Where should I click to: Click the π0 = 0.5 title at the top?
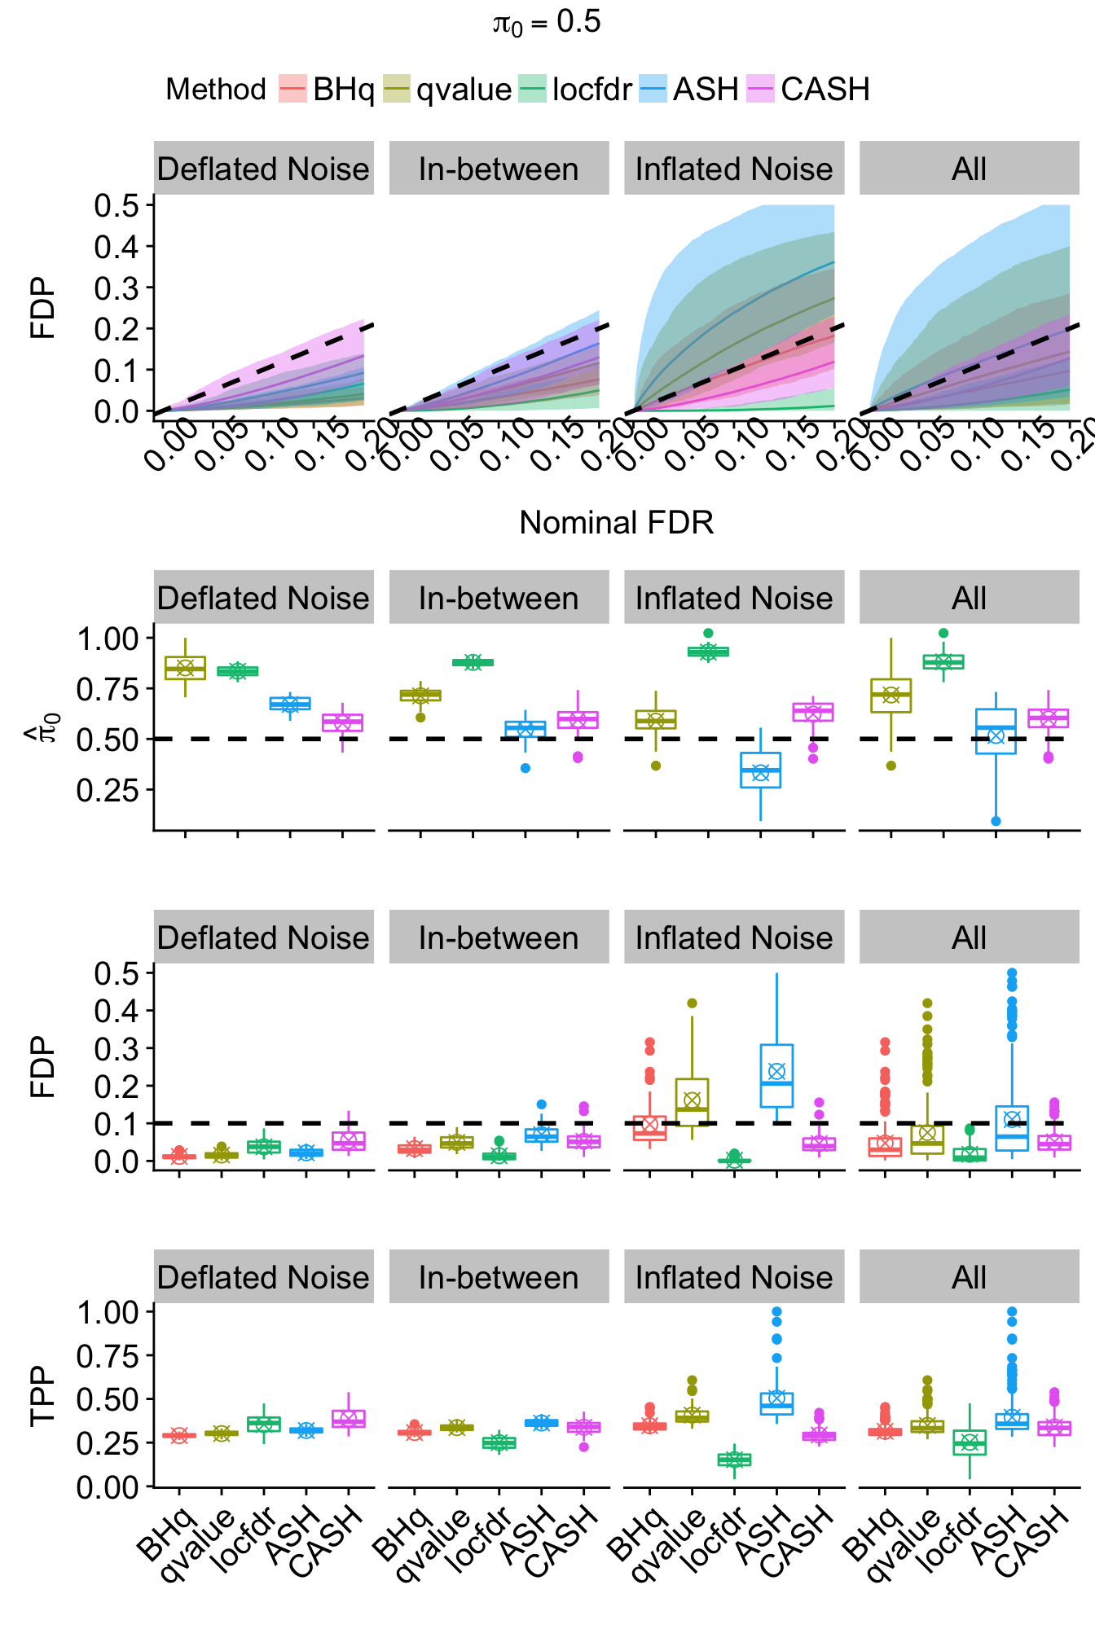pyautogui.click(x=547, y=23)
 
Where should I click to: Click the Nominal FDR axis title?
pyautogui.click(x=616, y=523)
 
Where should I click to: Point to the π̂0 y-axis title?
pyautogui.click(x=41, y=725)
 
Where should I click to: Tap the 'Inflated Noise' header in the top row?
pyautogui.click(x=734, y=169)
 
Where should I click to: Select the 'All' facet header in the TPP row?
pyautogui.click(x=969, y=1277)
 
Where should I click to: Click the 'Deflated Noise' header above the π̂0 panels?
pyautogui.click(x=263, y=598)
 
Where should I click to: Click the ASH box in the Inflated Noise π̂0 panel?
pyautogui.click(x=760, y=770)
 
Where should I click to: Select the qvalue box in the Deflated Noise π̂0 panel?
pyautogui.click(x=185, y=668)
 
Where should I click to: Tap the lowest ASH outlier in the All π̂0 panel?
pyautogui.click(x=996, y=821)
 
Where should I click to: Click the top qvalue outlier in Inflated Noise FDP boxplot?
pyautogui.click(x=692, y=1003)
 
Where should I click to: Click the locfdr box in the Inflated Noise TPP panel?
pyautogui.click(x=734, y=1460)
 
